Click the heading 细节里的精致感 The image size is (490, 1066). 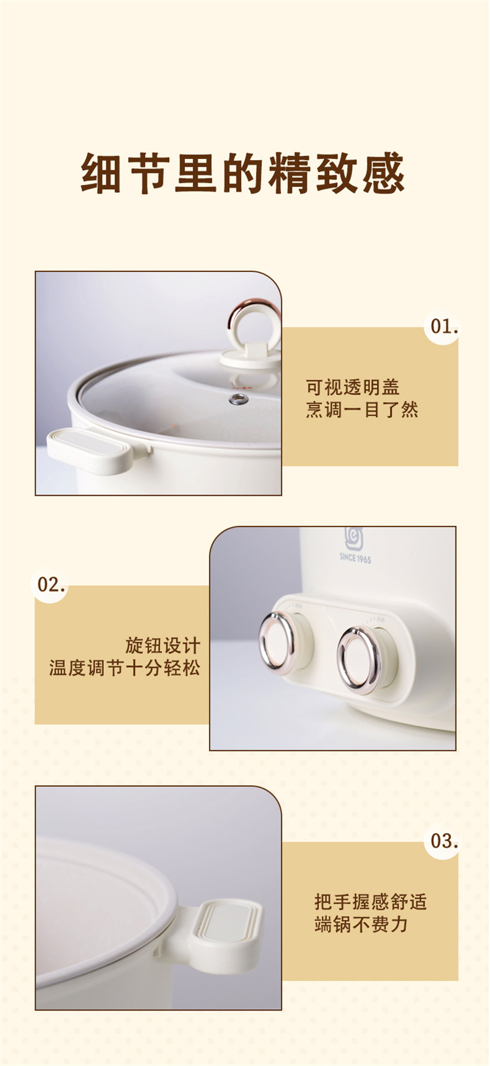coord(243,173)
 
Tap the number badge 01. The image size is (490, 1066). coord(442,327)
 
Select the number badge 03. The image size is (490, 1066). coord(442,842)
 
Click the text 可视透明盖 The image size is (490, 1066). coord(353,387)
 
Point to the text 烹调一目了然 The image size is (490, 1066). coord(362,410)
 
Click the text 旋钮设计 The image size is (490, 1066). coord(163,645)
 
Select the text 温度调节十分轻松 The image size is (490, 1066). coord(125,668)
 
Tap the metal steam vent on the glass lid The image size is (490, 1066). coord(237,399)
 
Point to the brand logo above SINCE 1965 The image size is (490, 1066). coord(354,538)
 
